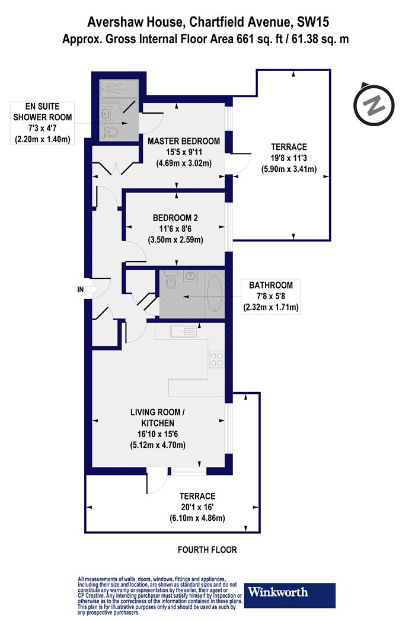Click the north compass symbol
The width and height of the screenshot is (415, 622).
(373, 104)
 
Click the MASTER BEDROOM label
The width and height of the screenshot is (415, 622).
(183, 141)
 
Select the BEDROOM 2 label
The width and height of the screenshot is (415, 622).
(175, 218)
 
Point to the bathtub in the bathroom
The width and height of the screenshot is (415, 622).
(214, 294)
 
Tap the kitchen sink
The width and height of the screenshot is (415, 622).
(183, 331)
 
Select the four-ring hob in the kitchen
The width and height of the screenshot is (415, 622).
(217, 359)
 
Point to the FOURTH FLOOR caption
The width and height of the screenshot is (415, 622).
(207, 550)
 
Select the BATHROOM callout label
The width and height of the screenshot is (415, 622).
(270, 285)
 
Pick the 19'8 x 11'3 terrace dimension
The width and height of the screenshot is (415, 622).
(289, 158)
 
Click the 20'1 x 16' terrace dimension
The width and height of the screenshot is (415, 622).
(197, 507)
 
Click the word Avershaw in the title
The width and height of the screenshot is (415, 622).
(115, 23)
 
